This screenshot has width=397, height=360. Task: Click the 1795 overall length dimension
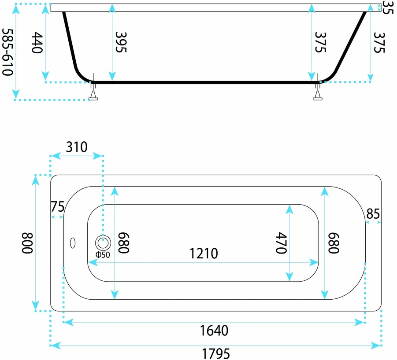[216, 353]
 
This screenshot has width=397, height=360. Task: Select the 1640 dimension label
[214, 331]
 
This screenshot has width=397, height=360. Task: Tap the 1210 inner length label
[204, 253]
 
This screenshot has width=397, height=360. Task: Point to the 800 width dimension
[27, 243]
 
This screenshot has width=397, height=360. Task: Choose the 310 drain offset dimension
[77, 147]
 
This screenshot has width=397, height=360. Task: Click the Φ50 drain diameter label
[103, 254]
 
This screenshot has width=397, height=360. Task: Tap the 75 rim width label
[58, 206]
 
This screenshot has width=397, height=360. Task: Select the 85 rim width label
[373, 213]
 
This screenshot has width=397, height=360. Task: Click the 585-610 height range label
[7, 52]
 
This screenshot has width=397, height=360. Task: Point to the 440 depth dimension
[37, 43]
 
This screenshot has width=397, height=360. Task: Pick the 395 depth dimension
[121, 42]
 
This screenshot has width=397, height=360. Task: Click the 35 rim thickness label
[388, 7]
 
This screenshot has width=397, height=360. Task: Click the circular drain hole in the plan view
[103, 243]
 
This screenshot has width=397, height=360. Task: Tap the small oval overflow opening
[73, 243]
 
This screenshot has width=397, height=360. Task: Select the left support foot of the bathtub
[93, 95]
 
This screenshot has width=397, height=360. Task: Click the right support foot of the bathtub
[318, 95]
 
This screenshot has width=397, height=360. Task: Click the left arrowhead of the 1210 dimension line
[93, 262]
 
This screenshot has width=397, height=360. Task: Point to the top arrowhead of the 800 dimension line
[35, 180]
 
